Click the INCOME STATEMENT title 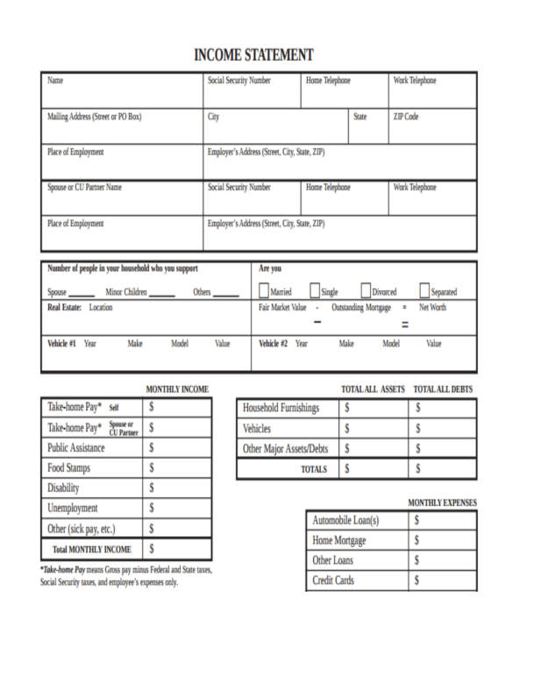(253, 55)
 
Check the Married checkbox (266, 291)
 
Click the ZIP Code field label (406, 116)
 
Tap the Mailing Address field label (94, 116)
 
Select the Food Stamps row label (69, 468)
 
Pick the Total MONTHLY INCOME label (92, 550)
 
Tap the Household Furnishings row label (281, 408)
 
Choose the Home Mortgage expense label (339, 541)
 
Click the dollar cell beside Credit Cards (443, 580)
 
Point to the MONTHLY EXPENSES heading (442, 503)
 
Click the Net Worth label (432, 309)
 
